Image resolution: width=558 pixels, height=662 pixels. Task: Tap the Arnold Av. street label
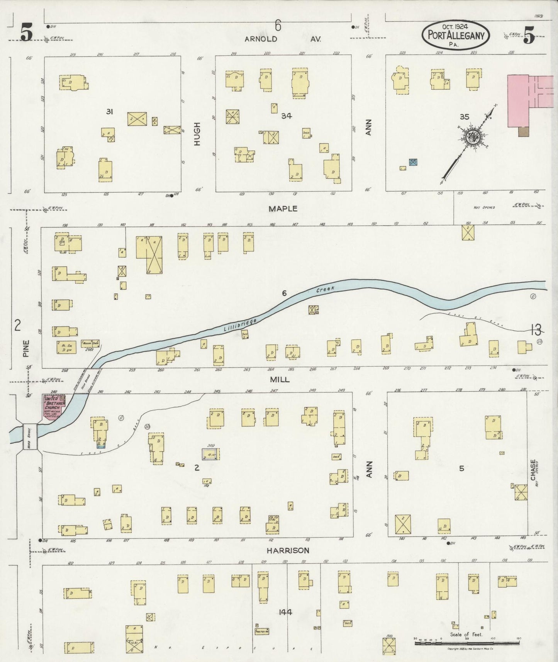click(x=283, y=39)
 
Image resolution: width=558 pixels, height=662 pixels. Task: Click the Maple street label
click(x=283, y=209)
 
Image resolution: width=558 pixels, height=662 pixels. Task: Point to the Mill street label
click(x=280, y=380)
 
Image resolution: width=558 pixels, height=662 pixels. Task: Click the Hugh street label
click(x=198, y=134)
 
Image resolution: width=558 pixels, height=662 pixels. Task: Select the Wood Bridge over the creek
click(x=30, y=436)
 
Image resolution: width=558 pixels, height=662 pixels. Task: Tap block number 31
click(x=110, y=112)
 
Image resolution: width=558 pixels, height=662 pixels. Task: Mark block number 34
click(x=286, y=115)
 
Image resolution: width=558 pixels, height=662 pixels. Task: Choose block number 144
click(x=285, y=612)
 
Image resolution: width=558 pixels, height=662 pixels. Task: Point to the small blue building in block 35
click(x=413, y=162)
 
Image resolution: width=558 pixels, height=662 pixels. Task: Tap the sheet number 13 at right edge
click(x=536, y=329)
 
